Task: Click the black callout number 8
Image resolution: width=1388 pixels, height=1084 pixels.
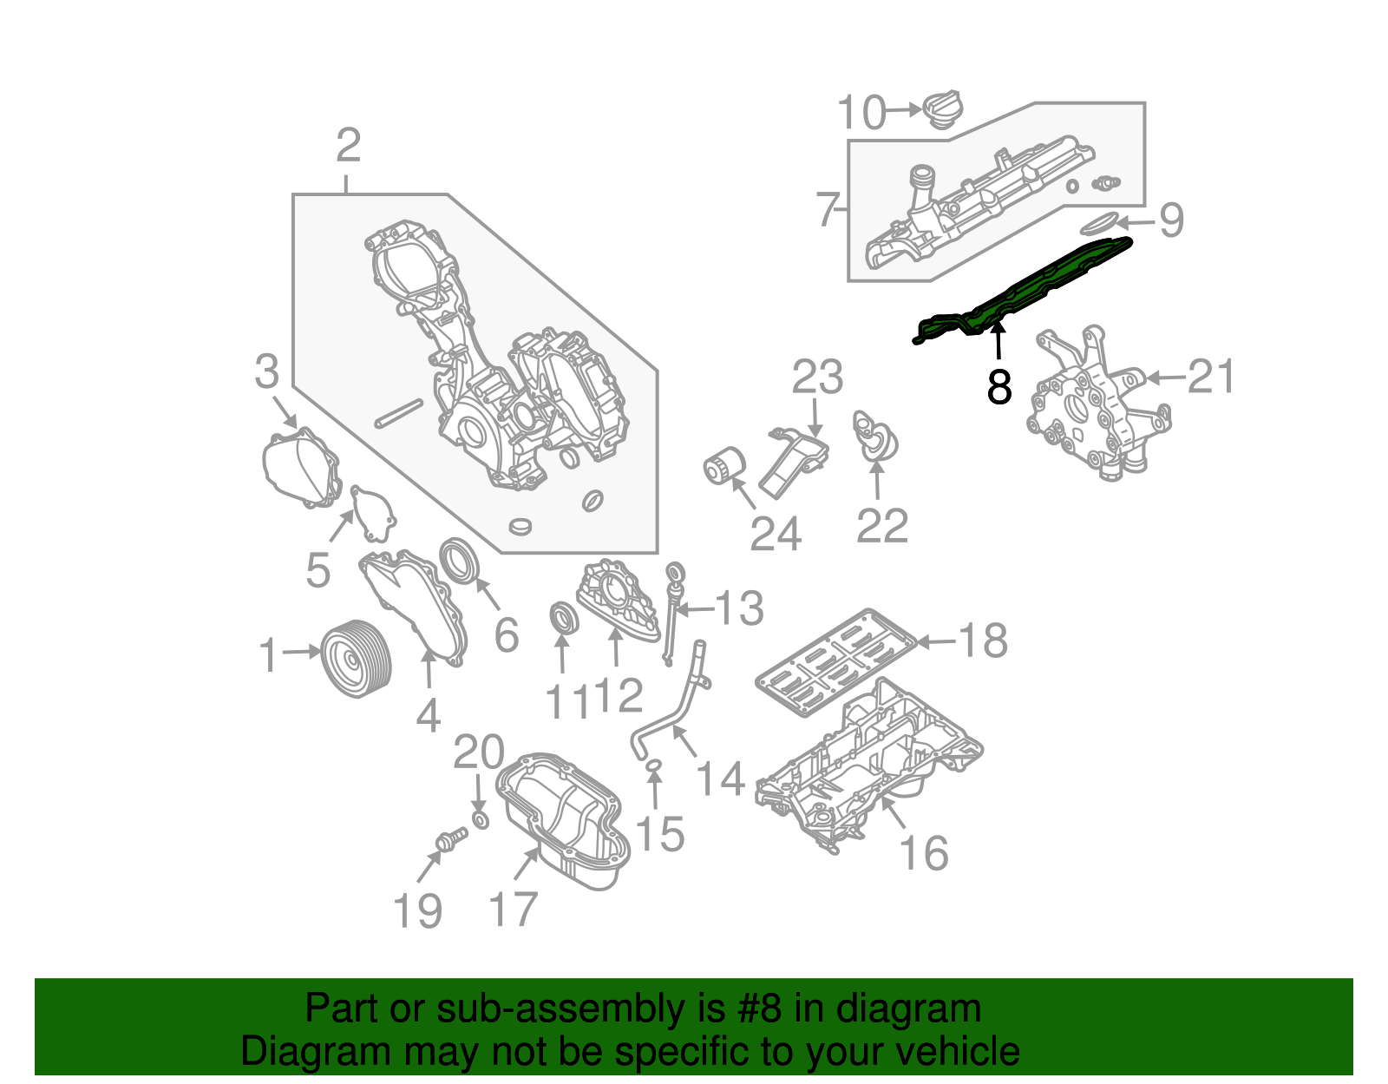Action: [x=999, y=387]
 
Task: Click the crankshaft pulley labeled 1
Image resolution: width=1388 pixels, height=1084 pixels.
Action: [x=357, y=658]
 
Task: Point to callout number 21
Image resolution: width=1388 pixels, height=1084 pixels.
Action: [x=1211, y=377]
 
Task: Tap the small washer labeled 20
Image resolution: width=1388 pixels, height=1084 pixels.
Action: [x=481, y=820]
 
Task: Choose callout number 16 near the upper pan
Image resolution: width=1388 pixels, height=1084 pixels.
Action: [x=924, y=853]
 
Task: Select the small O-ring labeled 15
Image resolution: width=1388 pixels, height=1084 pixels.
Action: [x=654, y=765]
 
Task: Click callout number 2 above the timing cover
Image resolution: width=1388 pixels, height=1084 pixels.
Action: [x=348, y=146]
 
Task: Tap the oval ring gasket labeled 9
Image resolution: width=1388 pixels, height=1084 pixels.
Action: [x=1100, y=224]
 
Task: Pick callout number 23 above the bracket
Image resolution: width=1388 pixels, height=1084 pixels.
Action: [x=817, y=378]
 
